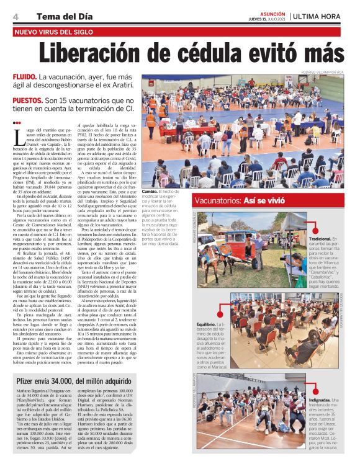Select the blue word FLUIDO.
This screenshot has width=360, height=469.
pyautogui.click(x=24, y=77)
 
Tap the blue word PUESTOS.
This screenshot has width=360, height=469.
pyautogui.click(x=27, y=99)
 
